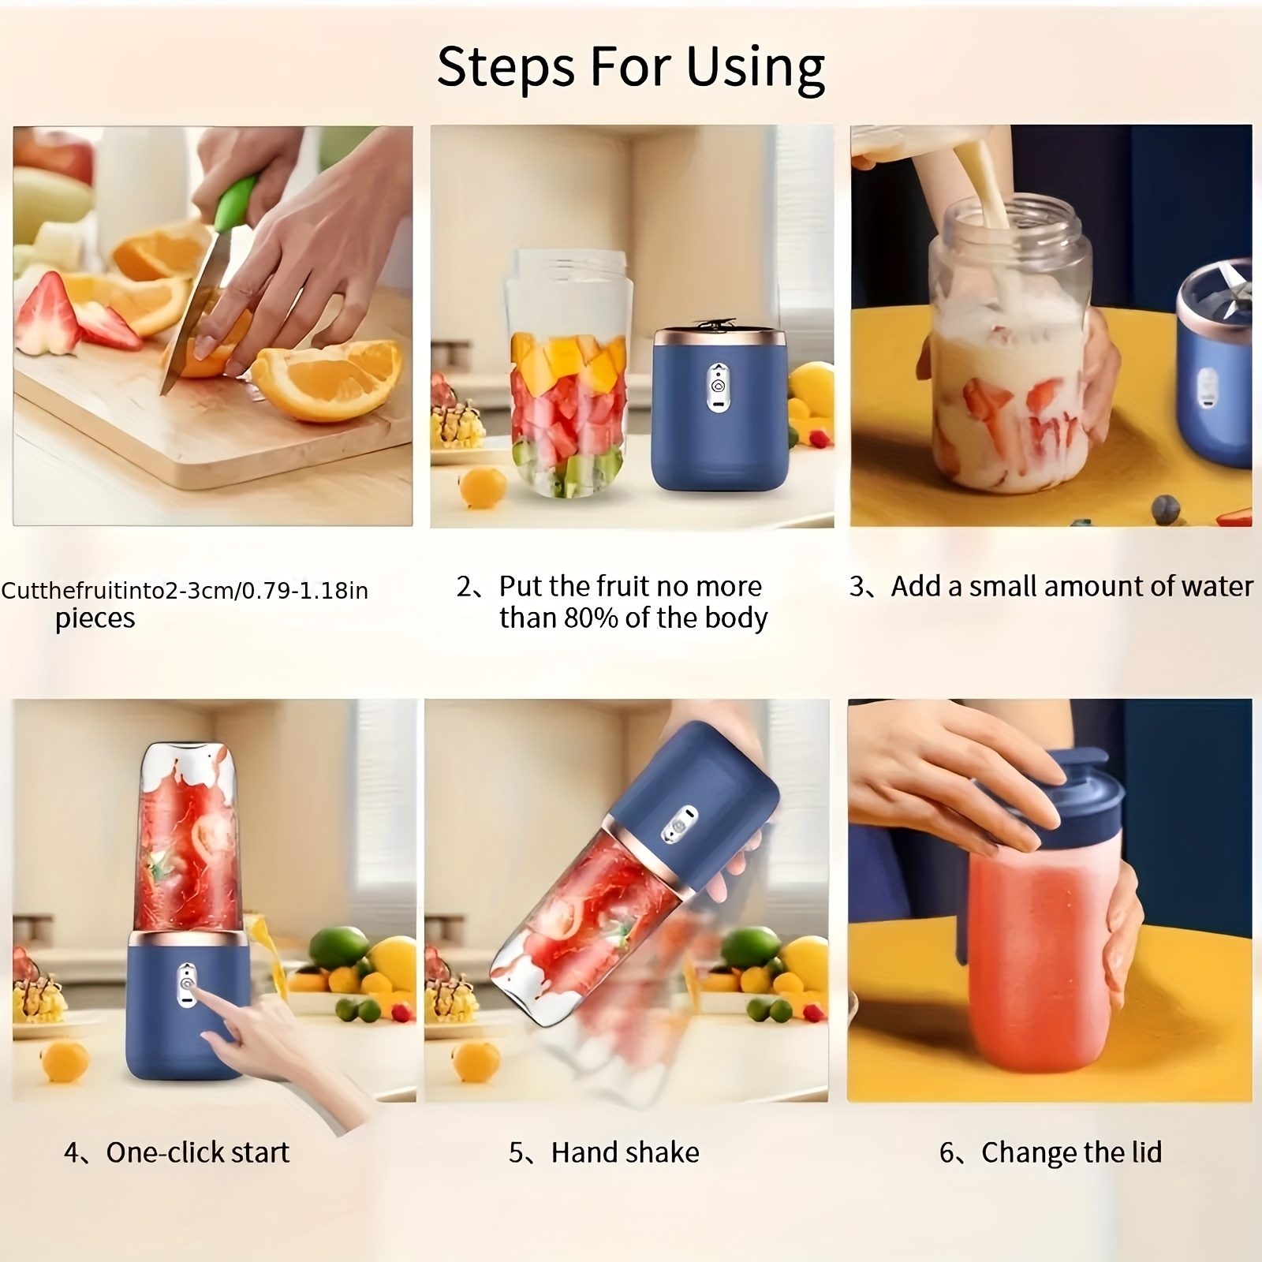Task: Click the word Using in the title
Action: pos(755,68)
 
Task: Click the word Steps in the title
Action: pos(506,66)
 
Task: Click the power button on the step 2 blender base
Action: pos(718,387)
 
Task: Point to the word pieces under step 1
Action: pos(95,619)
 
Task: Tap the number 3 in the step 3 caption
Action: pos(857,587)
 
